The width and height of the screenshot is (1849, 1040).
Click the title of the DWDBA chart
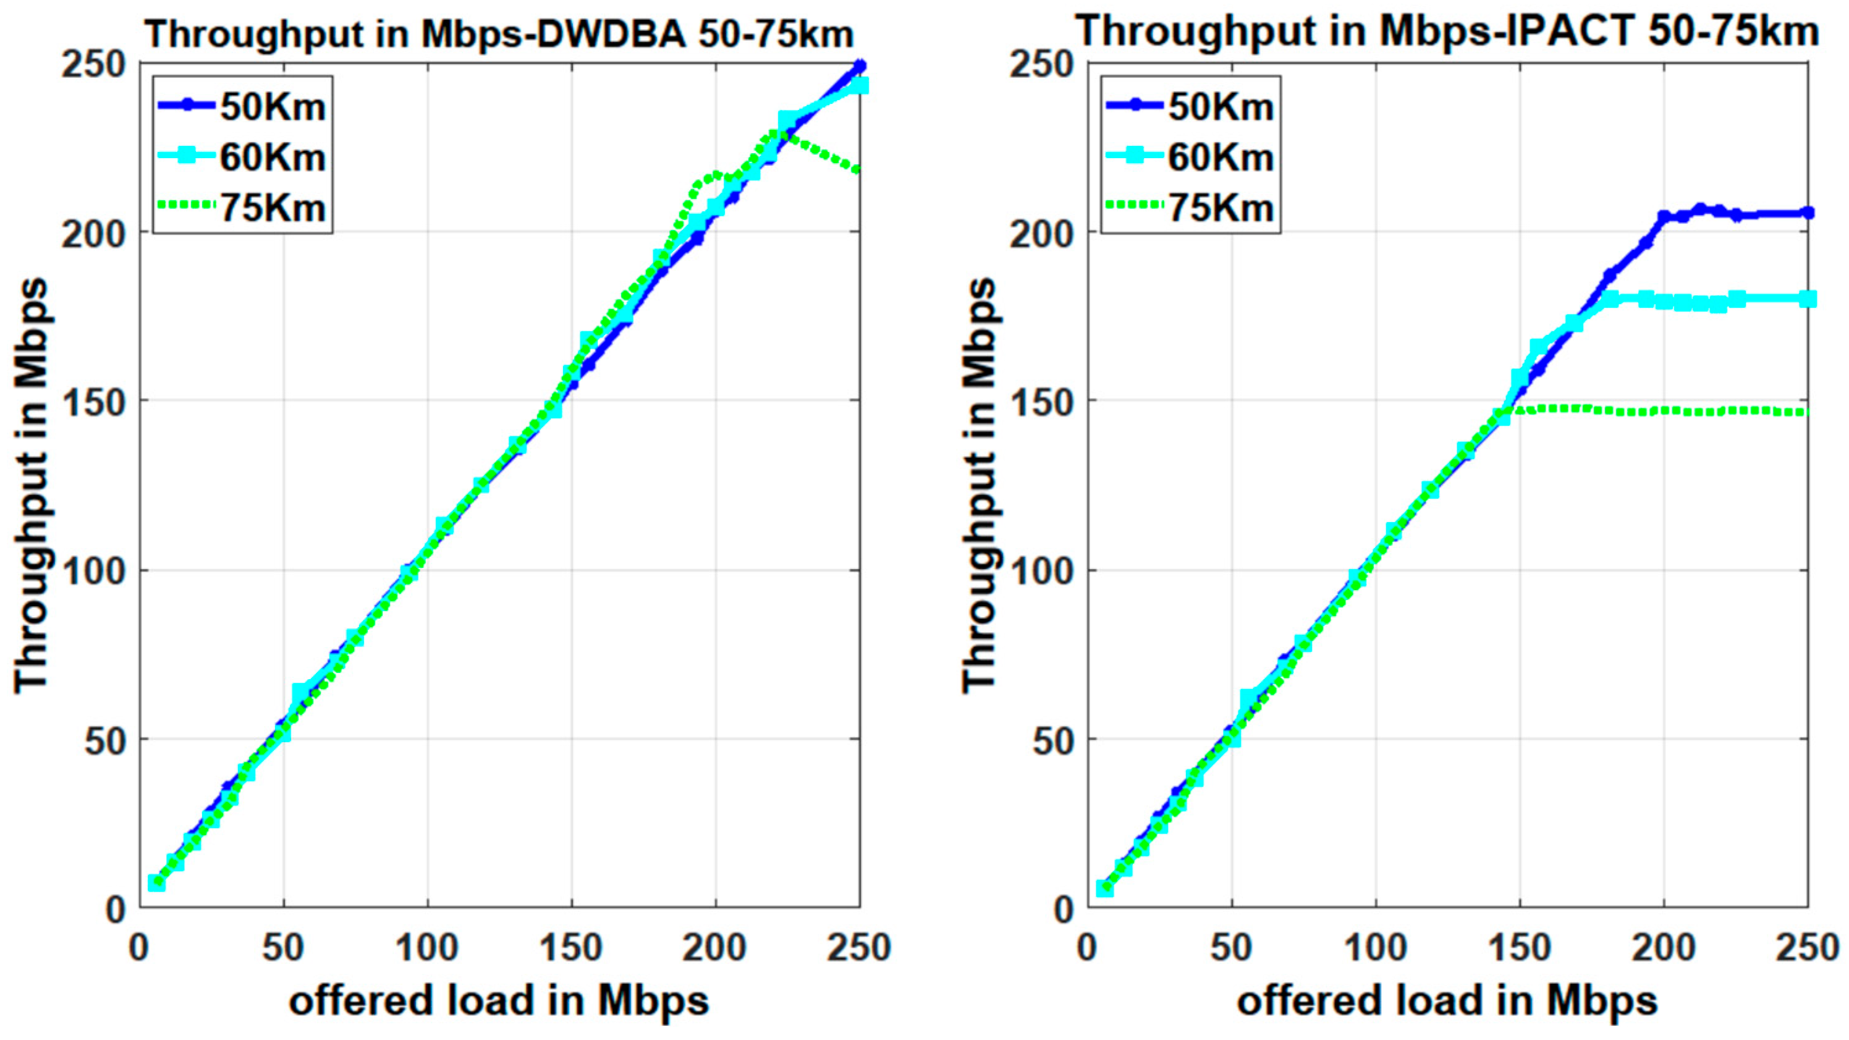coord(501,35)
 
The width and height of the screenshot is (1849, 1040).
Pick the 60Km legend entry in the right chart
coord(1221,157)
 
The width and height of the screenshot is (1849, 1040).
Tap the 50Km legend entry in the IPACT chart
coord(1221,107)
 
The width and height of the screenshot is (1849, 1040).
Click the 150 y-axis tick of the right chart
coord(1044,400)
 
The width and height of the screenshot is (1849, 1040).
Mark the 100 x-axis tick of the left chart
coord(427,948)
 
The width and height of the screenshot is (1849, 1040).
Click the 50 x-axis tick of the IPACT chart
coord(1232,948)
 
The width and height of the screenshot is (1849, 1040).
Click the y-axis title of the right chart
coord(978,486)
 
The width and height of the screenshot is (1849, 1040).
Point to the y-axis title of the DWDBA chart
coord(30,486)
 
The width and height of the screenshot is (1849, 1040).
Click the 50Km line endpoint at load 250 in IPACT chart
coord(1808,213)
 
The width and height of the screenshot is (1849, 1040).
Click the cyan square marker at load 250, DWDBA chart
coord(858,85)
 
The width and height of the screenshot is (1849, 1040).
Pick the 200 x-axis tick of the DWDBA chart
coord(715,948)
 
